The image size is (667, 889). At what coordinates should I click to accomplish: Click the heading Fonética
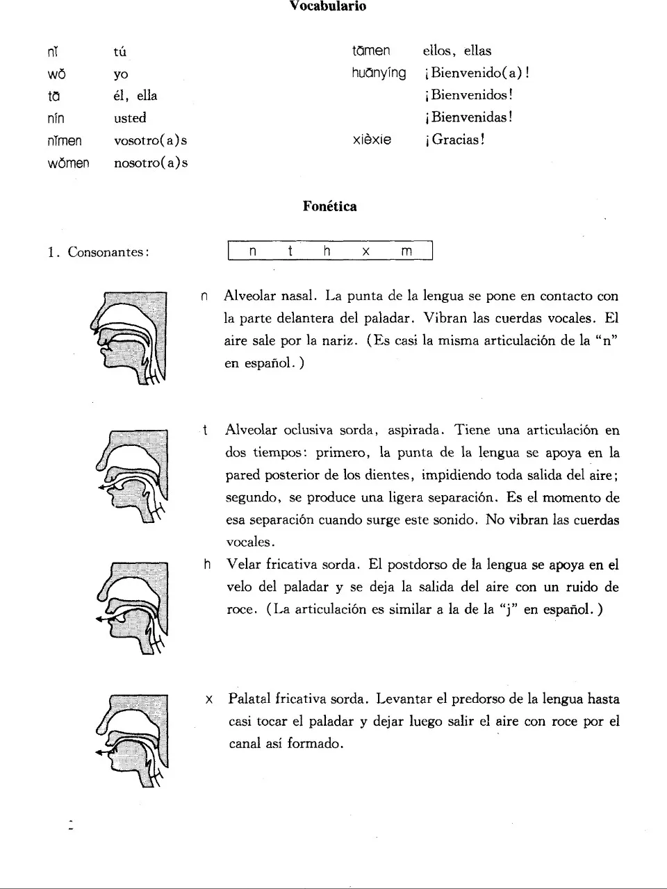click(330, 206)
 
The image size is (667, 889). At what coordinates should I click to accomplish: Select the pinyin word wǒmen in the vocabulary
click(68, 163)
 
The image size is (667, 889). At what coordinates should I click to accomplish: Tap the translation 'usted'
click(130, 118)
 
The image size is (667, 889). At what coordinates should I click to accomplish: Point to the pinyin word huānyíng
click(379, 73)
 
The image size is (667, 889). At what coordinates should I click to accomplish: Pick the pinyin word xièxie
click(372, 140)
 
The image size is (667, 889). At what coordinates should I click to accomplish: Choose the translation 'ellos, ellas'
click(456, 51)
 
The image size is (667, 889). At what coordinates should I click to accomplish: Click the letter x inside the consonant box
click(365, 251)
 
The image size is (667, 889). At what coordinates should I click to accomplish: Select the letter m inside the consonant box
click(406, 251)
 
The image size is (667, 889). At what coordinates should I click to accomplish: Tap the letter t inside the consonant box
click(290, 251)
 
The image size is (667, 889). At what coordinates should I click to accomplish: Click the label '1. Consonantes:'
click(99, 252)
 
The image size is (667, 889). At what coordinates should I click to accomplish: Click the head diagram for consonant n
click(129, 338)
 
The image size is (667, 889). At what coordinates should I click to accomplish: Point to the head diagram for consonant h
click(132, 608)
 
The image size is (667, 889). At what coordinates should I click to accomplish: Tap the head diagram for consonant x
click(132, 740)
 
